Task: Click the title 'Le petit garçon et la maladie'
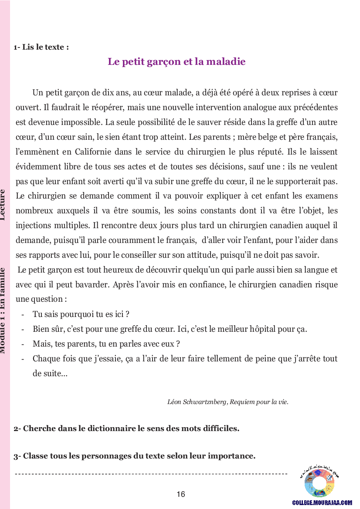click(177, 62)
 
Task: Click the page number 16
click(181, 494)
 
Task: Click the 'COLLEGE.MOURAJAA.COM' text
click(322, 502)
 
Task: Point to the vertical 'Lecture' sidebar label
click(3, 205)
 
